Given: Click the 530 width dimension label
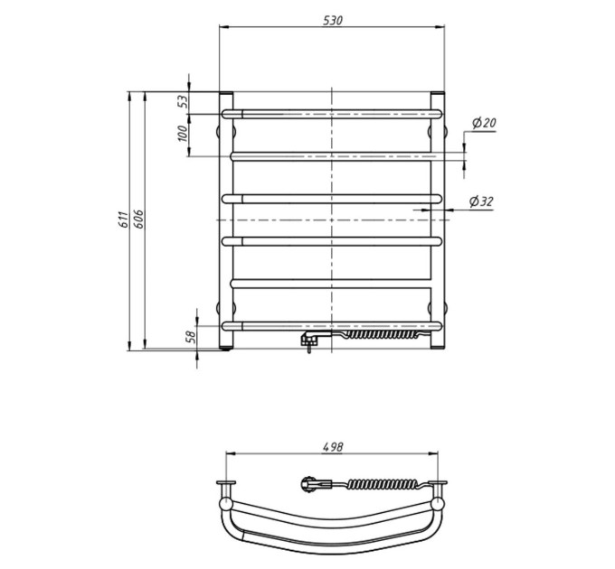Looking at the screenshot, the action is pyautogui.click(x=333, y=21).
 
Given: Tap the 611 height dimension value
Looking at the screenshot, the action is pyautogui.click(x=123, y=219).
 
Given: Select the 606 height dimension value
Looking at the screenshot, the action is pyautogui.click(x=139, y=219).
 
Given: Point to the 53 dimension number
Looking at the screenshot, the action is pyautogui.click(x=184, y=102).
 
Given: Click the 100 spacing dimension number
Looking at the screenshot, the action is pyautogui.click(x=184, y=134).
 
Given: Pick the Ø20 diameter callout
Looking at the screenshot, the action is pyautogui.click(x=484, y=124).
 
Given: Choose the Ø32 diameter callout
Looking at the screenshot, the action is pyautogui.click(x=481, y=201).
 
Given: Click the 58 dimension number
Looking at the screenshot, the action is pyautogui.click(x=191, y=337).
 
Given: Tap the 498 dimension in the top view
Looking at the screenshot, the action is pyautogui.click(x=333, y=447).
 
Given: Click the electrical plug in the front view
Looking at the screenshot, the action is pyautogui.click(x=310, y=339).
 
